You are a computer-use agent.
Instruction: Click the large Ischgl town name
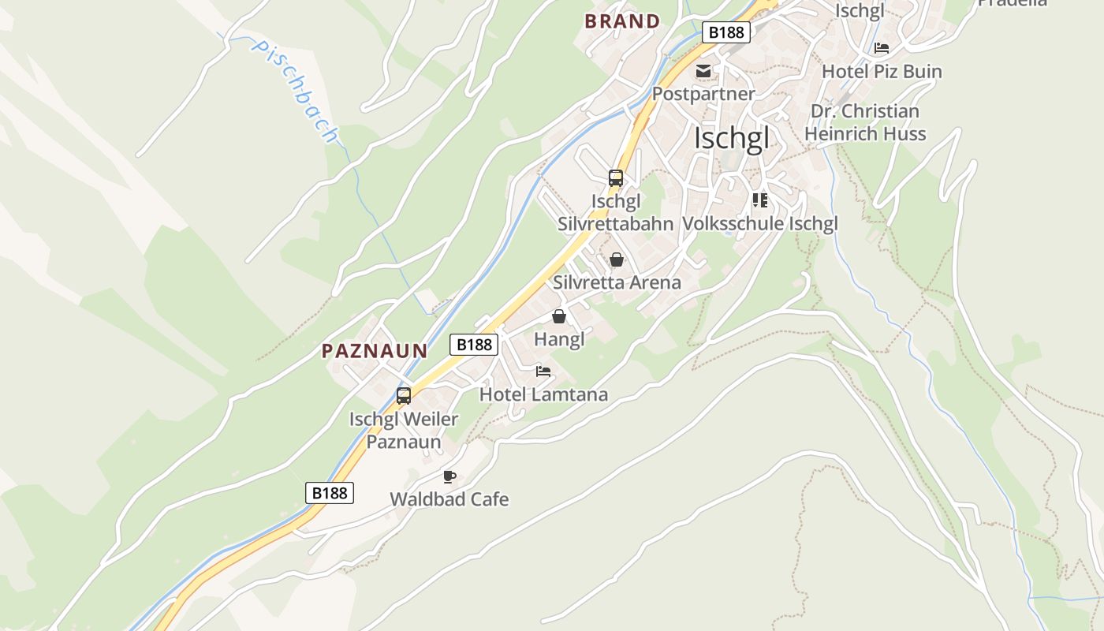731,139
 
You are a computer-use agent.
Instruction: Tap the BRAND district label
622,21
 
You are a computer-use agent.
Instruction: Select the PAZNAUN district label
375,351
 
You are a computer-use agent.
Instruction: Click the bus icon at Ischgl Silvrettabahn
616,178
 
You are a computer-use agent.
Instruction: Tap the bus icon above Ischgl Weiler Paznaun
404,396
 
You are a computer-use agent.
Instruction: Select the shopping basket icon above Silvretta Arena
617,259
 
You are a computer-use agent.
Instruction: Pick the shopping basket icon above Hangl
559,317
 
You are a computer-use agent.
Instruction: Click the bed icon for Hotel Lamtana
543,372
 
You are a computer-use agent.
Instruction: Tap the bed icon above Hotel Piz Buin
882,48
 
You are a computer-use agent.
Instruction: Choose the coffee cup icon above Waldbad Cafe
449,476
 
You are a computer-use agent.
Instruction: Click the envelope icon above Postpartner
703,72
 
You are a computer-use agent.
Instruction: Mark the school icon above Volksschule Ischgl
760,200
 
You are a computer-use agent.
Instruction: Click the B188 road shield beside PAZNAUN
474,345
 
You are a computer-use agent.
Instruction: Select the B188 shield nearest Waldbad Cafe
330,493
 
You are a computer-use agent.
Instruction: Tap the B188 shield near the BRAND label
725,32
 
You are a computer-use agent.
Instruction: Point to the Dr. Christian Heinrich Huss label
865,122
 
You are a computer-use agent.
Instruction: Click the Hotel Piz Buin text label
882,72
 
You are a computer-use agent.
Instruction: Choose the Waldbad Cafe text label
449,499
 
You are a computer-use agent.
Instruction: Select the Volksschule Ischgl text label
759,223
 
